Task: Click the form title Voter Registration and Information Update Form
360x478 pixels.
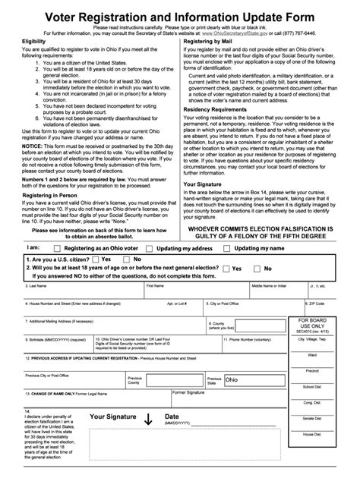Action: pyautogui.click(x=180, y=11)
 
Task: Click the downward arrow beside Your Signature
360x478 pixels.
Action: pyautogui.click(x=147, y=420)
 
